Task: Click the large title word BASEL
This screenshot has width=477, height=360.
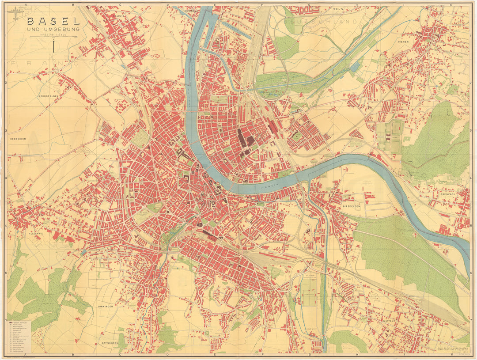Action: [53, 21]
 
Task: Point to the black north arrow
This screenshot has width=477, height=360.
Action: [53, 46]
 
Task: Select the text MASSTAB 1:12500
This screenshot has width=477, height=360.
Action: [53, 35]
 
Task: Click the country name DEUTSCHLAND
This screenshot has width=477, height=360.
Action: [320, 21]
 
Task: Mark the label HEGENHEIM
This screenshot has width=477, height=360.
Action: [19, 139]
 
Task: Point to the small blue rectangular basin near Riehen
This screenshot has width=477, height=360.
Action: [355, 67]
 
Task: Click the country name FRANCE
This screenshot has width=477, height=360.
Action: [49, 64]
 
